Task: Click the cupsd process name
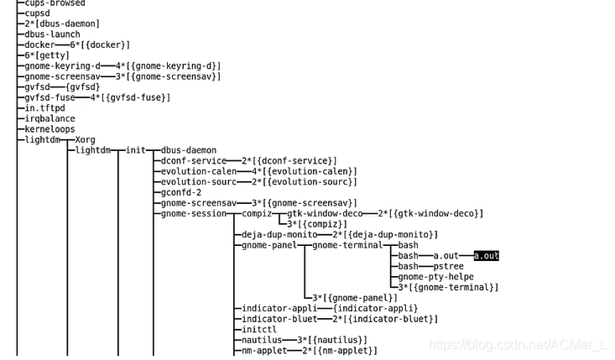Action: tap(39, 13)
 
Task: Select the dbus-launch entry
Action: tap(52, 34)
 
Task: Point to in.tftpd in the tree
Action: tap(44, 108)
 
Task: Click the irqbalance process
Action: tap(50, 119)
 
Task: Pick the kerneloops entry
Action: tap(50, 129)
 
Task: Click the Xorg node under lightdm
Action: tap(85, 140)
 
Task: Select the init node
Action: tap(136, 150)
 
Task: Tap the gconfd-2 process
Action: tap(181, 192)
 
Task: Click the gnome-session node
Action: tap(194, 213)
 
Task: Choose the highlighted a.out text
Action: tap(487, 256)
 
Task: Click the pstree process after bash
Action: tap(449, 266)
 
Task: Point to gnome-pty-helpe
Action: tap(435, 277)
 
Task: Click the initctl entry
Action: tap(259, 330)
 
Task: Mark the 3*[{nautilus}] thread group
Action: tap(332, 340)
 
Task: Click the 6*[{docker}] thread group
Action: tap(100, 45)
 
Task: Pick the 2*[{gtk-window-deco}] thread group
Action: tap(430, 214)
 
